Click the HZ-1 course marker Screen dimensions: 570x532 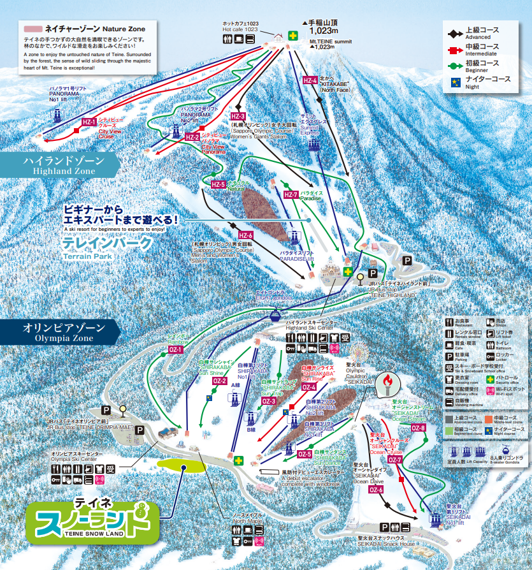89,122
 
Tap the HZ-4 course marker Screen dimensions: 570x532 309,80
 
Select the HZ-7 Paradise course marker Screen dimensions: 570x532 291,194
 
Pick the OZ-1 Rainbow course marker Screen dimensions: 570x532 176,349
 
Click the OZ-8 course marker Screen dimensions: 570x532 419,428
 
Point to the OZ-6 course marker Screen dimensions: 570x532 376,490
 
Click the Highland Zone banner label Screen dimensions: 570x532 60,165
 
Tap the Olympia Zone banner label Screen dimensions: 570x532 60,331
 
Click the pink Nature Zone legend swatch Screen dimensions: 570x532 33,29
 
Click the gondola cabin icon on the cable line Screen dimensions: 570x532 275,314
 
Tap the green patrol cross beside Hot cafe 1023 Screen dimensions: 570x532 292,36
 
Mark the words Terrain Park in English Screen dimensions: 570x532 88,256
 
